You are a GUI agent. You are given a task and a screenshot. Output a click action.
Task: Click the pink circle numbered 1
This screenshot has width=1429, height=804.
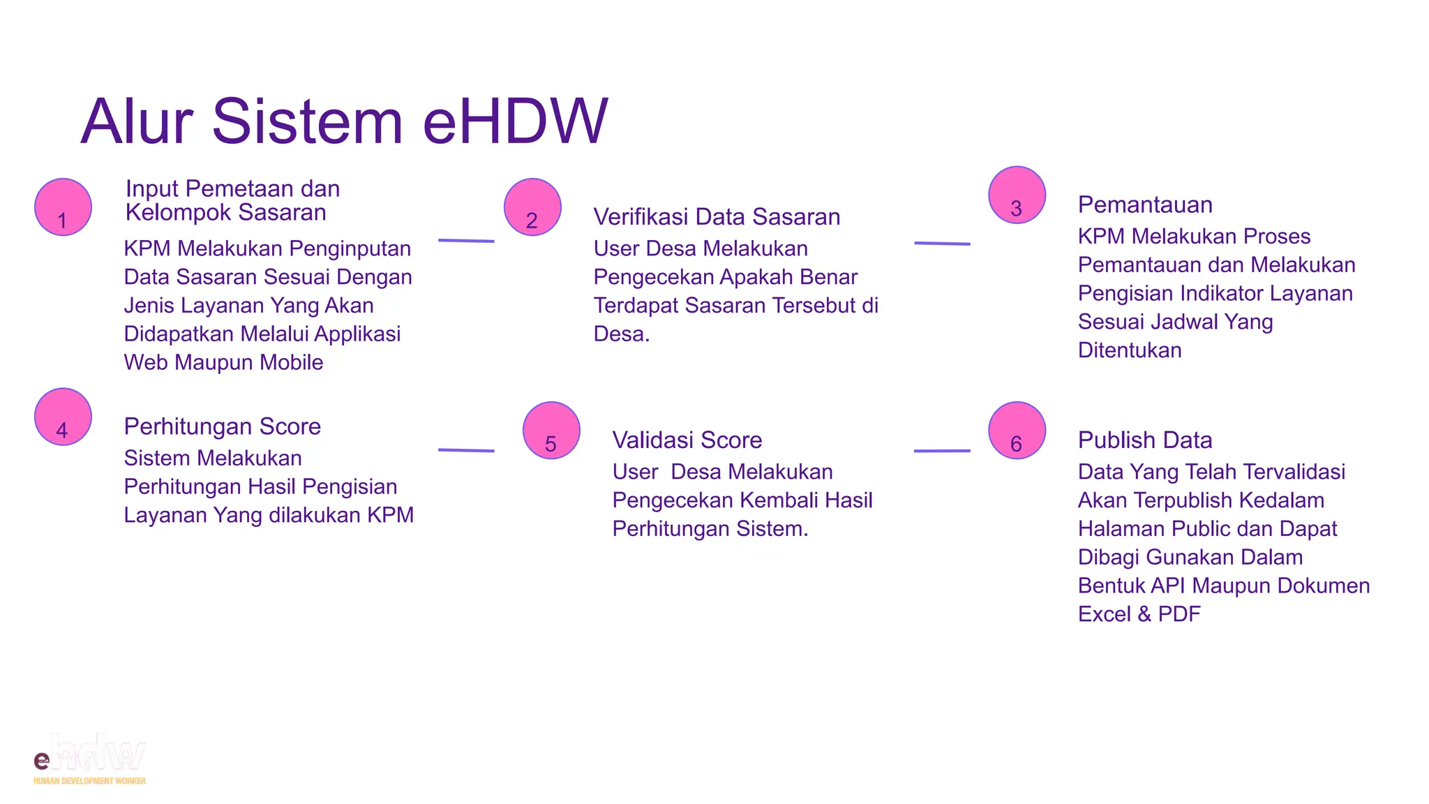[x=63, y=207]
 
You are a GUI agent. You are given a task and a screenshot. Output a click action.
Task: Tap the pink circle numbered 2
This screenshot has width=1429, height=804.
[x=532, y=207]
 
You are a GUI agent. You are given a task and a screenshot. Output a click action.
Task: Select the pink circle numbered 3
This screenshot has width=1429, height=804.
[x=1017, y=195]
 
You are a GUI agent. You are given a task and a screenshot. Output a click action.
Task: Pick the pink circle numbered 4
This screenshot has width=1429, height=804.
[x=63, y=417]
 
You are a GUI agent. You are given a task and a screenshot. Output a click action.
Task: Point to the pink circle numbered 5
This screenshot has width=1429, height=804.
[x=551, y=431]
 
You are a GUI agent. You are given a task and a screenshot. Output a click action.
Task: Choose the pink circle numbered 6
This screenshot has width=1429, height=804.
[x=1017, y=431]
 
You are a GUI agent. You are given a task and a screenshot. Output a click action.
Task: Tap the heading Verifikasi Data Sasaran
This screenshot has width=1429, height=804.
[x=717, y=217]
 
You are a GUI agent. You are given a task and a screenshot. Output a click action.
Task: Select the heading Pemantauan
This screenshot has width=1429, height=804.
[x=1144, y=204]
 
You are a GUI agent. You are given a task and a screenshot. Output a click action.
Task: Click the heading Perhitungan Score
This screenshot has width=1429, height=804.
[x=222, y=426]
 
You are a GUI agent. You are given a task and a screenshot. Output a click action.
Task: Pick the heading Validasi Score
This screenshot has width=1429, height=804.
[x=687, y=440]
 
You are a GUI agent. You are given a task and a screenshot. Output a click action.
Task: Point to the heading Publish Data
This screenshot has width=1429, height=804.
[x=1144, y=440]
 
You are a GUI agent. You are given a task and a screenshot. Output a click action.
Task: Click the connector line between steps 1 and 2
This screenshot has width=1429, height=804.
[x=466, y=241]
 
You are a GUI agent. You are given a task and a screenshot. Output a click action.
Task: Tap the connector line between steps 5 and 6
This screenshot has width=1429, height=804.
[x=942, y=451]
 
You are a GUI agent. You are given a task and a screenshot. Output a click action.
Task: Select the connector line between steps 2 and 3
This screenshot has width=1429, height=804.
[x=942, y=244]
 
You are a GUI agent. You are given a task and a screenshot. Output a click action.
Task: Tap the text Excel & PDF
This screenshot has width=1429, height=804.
[x=1139, y=614]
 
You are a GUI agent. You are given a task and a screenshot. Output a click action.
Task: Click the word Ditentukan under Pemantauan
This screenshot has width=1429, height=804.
[x=1129, y=350]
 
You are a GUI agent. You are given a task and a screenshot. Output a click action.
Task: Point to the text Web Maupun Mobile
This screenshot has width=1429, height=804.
[x=223, y=363]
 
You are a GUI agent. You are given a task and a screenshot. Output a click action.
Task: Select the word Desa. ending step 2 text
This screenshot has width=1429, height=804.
[x=621, y=334]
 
